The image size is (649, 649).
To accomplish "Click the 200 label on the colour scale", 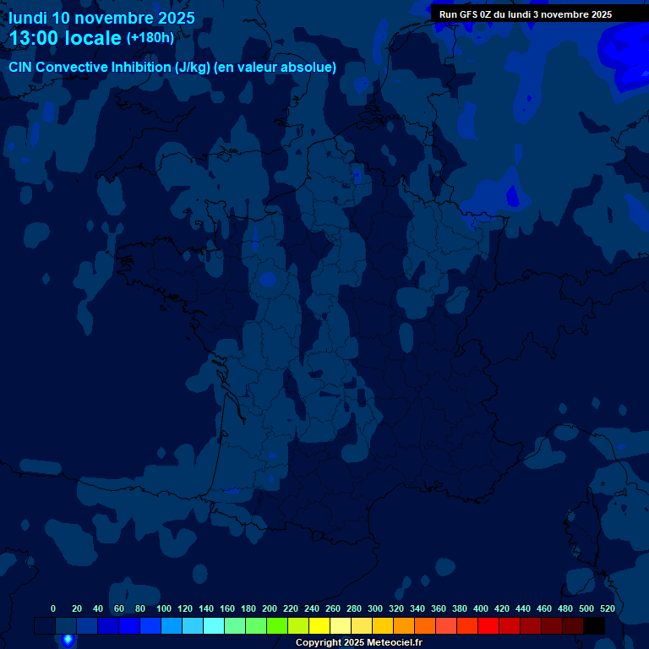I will [x=270, y=608].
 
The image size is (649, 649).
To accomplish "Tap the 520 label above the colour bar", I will [x=607, y=608].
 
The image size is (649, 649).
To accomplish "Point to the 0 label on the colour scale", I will [x=53, y=608].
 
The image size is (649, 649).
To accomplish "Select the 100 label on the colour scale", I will [x=164, y=608].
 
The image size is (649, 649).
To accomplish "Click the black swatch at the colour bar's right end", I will [x=594, y=625].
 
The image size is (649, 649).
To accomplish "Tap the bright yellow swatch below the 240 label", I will [x=319, y=625].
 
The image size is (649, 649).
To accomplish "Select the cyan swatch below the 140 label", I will [x=214, y=625].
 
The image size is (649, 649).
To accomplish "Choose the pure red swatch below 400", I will [x=488, y=625].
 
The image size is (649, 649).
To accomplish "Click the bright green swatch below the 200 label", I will [x=277, y=625].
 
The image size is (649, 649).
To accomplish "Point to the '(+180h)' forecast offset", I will [x=150, y=38].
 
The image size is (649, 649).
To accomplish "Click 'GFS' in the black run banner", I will [x=469, y=14].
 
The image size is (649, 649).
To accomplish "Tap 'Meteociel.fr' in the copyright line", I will [x=394, y=643].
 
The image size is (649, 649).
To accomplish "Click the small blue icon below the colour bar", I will [x=68, y=641].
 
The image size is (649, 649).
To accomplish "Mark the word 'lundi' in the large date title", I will [x=28, y=18].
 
